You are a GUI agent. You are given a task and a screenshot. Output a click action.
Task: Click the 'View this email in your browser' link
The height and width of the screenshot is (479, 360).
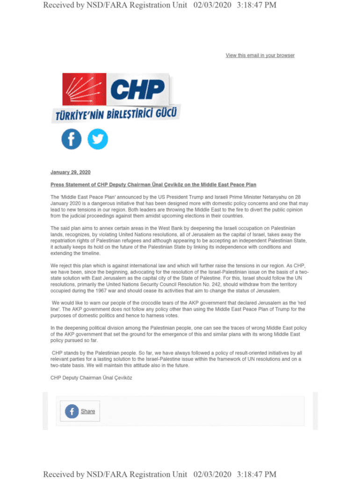(x=260, y=55)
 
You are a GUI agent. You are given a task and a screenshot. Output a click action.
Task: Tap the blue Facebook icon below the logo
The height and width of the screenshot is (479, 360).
(x=71, y=139)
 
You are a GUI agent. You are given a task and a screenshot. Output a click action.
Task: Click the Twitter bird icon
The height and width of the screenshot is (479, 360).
(x=98, y=139)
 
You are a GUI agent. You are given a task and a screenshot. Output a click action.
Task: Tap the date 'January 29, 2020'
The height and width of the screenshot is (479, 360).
(x=71, y=173)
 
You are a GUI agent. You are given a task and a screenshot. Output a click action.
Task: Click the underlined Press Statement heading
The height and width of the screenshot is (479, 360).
(x=153, y=185)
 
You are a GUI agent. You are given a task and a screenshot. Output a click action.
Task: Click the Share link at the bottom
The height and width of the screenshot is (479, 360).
(x=87, y=411)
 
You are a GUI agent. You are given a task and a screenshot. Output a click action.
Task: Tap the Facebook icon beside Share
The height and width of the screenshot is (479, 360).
(x=72, y=411)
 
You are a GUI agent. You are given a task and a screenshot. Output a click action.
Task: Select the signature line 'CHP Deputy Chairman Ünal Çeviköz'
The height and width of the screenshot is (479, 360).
(x=91, y=377)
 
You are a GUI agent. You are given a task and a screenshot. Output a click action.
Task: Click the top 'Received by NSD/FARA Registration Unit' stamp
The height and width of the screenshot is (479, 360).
(x=115, y=5)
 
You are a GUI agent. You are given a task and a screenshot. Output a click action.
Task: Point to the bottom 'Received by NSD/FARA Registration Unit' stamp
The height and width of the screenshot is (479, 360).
(x=115, y=474)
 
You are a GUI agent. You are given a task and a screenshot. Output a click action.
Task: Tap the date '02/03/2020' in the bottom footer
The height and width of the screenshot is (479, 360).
(x=212, y=474)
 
